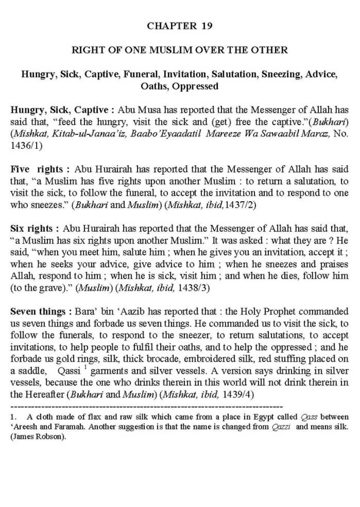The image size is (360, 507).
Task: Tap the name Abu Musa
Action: point(135,110)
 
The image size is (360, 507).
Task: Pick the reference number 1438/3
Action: point(193,288)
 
